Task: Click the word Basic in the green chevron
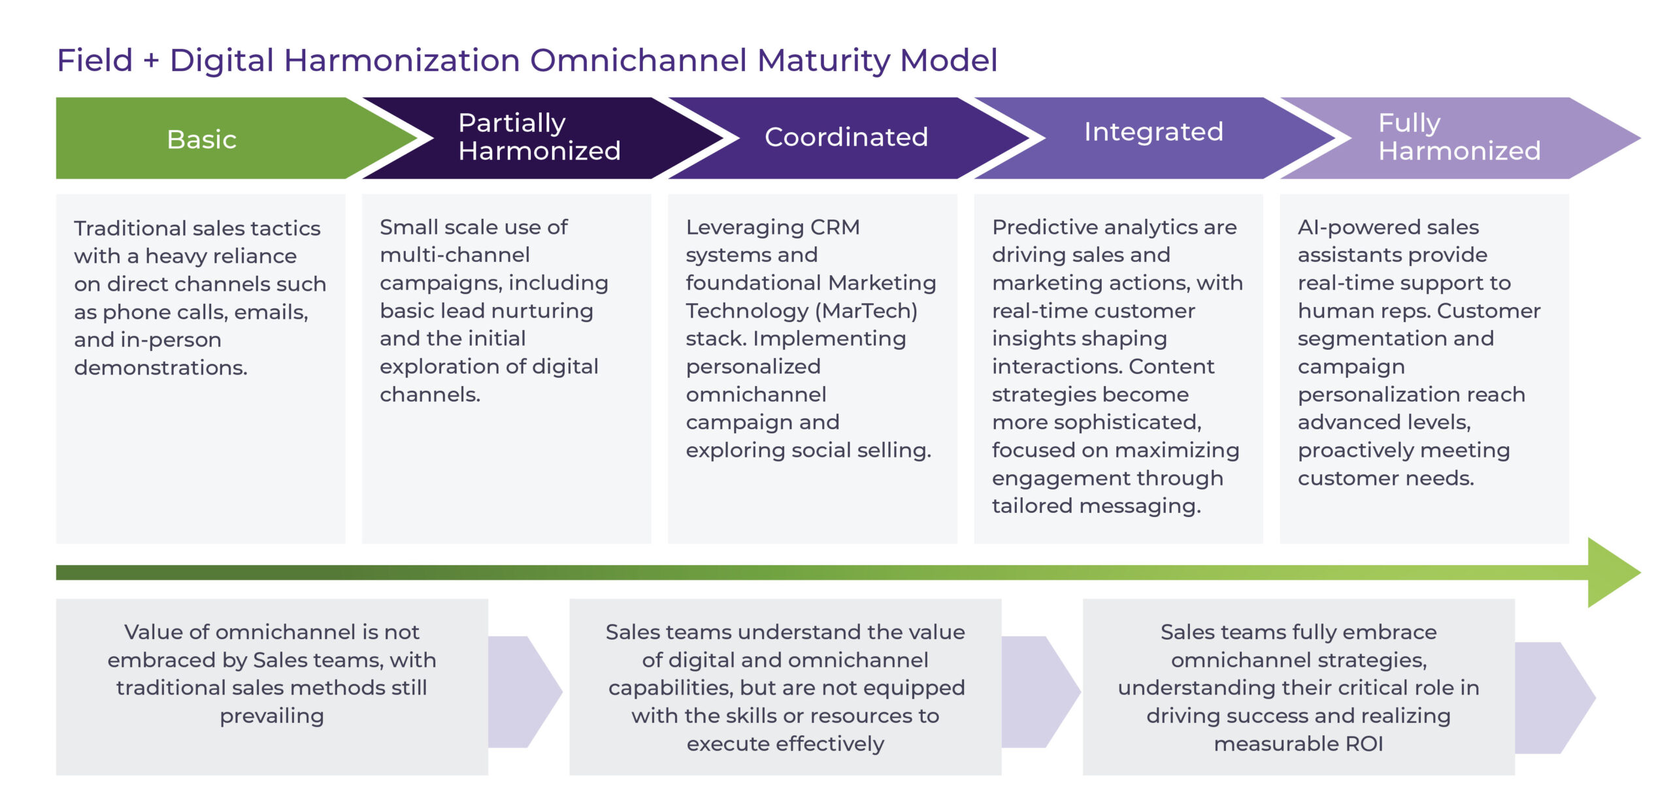[x=201, y=139]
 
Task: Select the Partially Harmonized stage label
[x=538, y=137]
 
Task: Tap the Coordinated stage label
[x=846, y=137]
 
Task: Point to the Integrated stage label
[x=1153, y=132]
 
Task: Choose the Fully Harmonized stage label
[x=1459, y=137]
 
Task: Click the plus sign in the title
[x=151, y=61]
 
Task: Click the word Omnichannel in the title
[x=638, y=60]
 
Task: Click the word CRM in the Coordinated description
[x=835, y=227]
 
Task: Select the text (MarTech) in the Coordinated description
[x=867, y=311]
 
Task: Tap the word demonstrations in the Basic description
[x=160, y=368]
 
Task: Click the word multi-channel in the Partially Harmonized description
[x=454, y=255]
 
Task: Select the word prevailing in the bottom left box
[x=271, y=716]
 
